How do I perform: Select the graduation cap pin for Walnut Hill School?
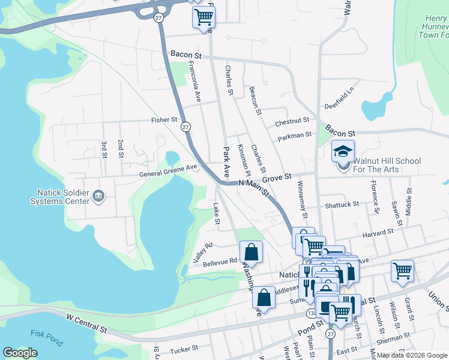(x=343, y=152)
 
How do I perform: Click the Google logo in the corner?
(x=20, y=353)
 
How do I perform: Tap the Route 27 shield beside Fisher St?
(x=185, y=127)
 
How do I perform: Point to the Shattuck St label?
(x=342, y=203)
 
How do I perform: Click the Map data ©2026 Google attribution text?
(x=412, y=355)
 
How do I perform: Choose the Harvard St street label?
(x=378, y=230)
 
